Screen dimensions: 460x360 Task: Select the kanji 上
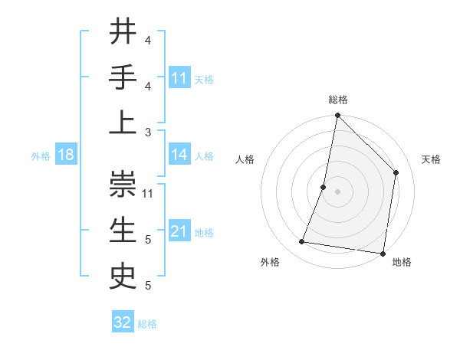tap(123, 123)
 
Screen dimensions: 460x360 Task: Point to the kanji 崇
tap(123, 184)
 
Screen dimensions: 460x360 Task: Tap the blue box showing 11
tap(179, 77)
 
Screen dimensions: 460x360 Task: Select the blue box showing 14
tap(179, 155)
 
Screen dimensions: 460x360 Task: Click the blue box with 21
tap(179, 231)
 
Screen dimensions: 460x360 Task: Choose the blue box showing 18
tap(66, 155)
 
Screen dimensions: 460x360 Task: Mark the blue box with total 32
tap(123, 322)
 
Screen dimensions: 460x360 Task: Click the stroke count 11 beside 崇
tap(148, 193)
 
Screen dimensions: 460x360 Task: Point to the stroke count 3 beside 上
tap(148, 132)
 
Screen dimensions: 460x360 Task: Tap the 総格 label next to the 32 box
tap(147, 324)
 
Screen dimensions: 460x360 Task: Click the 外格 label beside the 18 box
tap(41, 156)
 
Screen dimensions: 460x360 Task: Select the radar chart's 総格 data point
tap(337, 116)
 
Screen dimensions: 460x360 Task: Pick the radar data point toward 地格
tap(383, 253)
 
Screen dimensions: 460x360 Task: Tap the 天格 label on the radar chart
tap(431, 159)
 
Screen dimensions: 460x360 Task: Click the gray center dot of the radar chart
tap(337, 191)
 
